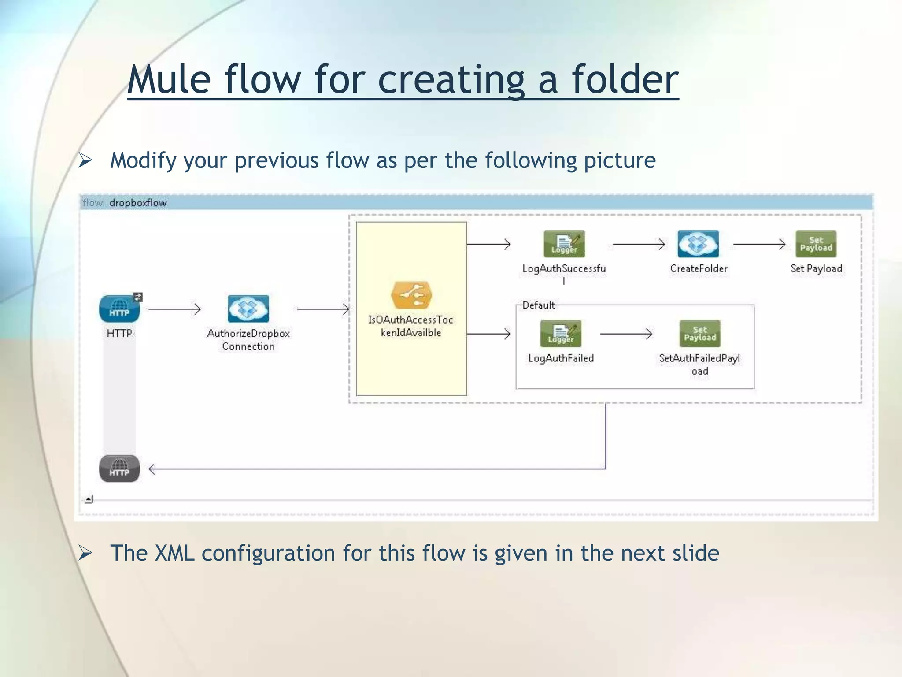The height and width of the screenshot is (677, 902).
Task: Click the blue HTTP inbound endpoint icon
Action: pos(119,309)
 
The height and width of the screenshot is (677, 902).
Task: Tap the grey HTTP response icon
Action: pos(119,469)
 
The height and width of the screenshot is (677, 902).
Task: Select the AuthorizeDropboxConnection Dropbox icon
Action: pos(248,309)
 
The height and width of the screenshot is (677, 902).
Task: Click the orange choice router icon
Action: pos(411,295)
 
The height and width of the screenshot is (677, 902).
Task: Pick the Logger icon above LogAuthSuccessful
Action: pos(564,244)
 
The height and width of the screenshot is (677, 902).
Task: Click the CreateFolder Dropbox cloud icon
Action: pos(698,244)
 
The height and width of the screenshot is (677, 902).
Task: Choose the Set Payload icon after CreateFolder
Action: pos(816,244)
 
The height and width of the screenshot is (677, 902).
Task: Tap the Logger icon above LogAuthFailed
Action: pos(561,334)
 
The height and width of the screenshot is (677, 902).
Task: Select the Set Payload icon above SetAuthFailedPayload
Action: pos(700,334)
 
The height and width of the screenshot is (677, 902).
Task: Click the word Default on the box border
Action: pos(538,305)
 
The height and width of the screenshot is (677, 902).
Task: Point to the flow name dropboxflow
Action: pos(138,203)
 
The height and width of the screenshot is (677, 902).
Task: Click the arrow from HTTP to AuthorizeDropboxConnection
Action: pos(174,309)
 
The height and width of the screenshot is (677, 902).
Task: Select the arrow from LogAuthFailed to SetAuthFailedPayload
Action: pos(625,334)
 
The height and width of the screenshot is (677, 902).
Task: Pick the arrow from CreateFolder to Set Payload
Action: pos(759,244)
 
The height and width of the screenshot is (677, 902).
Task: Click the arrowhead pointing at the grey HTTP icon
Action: pos(152,469)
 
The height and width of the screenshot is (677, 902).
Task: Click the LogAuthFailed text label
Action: pos(561,358)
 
